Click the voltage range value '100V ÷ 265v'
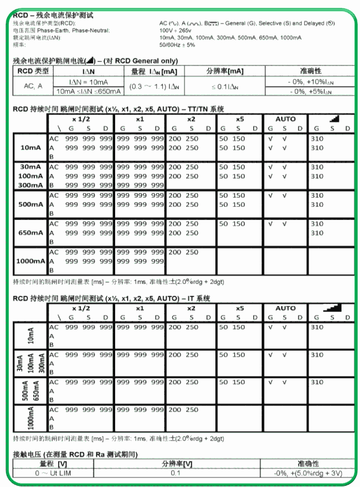pos(176,30)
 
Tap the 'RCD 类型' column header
pos(33,71)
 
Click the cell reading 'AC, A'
pos(33,86)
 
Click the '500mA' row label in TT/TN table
pos(30,205)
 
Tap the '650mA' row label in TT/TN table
pos(30,233)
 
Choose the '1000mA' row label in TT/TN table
pos(30,261)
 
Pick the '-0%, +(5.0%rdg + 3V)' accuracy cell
pos(309,473)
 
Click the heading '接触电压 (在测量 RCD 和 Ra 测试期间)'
pos(75,454)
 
